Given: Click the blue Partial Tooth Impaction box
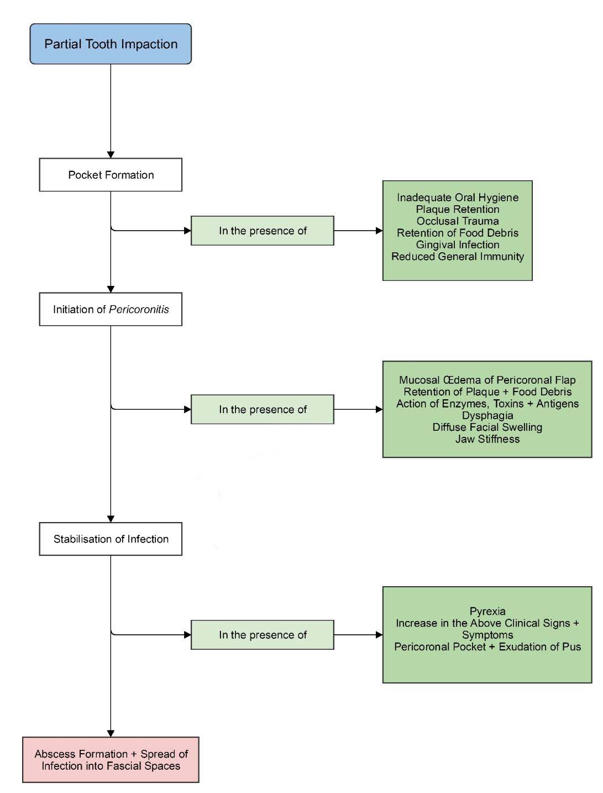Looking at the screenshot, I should [111, 44].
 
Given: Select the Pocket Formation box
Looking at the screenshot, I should [111, 175].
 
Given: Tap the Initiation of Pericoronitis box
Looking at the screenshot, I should [111, 309].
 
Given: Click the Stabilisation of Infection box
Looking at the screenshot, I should [111, 539].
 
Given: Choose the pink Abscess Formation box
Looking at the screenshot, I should [111, 759].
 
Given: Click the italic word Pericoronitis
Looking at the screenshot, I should [139, 309].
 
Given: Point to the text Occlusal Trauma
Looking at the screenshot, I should [458, 221].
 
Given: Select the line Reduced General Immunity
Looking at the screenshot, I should [458, 257].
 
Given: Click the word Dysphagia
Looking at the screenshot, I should [487, 415].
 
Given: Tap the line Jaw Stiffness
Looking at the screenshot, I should [487, 439].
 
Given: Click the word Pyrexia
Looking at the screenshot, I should [487, 611].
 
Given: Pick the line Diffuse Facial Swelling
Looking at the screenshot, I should [487, 427].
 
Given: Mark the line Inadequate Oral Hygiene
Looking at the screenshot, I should [458, 197].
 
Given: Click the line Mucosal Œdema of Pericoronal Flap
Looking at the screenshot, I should [487, 380].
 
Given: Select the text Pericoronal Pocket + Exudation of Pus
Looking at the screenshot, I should [487, 646].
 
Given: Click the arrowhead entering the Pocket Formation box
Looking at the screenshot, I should [111, 154].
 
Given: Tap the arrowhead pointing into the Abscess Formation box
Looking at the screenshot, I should [111, 733].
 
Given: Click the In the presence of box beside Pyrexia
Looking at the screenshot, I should [263, 635].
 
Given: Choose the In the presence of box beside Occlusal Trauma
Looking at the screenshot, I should [263, 231].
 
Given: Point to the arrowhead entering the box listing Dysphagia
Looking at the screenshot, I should [379, 409].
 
